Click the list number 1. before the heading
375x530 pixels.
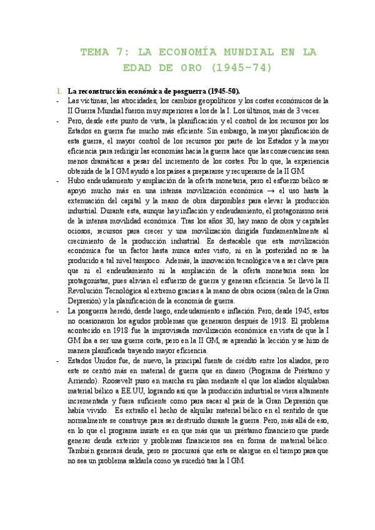click(59, 90)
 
